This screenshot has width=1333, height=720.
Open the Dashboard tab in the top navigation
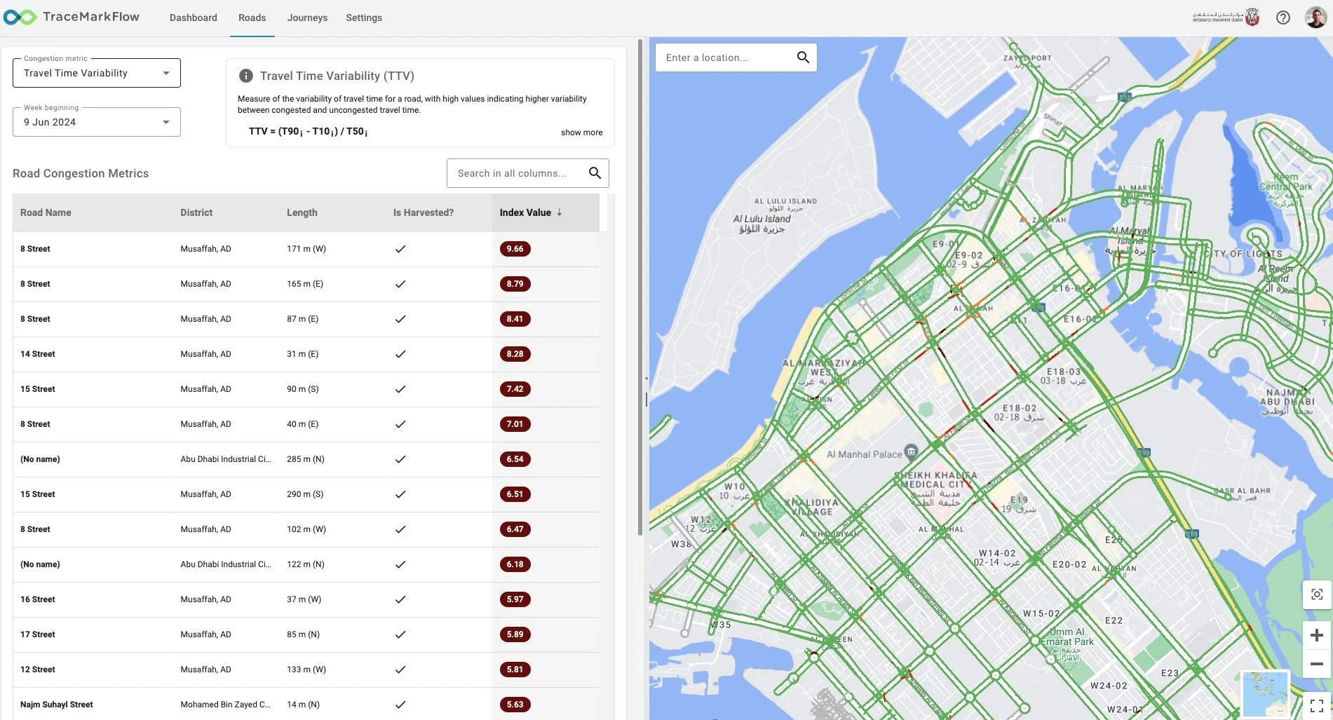pos(193,18)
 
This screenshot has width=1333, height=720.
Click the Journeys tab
pos(307,18)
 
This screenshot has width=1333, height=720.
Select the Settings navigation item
pos(364,18)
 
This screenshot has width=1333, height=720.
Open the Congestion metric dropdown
pos(97,73)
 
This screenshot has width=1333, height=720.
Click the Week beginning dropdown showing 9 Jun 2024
pos(97,122)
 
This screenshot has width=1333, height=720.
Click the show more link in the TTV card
pos(581,133)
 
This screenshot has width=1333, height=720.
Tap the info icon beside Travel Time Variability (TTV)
pos(246,76)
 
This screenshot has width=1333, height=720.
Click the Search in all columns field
pos(519,173)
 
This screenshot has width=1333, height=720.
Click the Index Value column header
pos(525,212)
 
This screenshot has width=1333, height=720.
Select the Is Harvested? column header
pos(423,212)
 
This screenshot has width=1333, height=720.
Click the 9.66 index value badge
pos(515,249)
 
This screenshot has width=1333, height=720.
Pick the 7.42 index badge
pos(515,389)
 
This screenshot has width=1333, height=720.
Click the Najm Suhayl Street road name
pos(57,705)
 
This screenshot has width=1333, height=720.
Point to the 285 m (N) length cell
pos(306,459)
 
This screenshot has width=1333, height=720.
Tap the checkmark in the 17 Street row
pos(400,634)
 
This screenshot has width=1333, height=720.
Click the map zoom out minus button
pos(1316,663)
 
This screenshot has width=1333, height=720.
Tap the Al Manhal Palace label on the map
pos(864,454)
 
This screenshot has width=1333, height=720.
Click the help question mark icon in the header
pos(1283,18)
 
